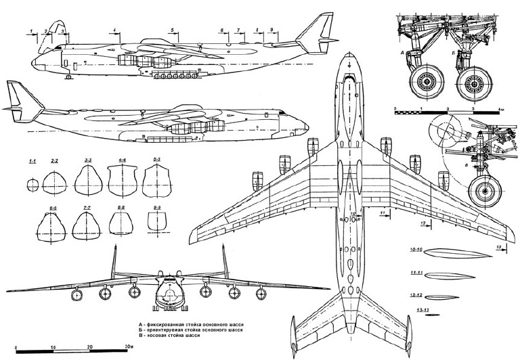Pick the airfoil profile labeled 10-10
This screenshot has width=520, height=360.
(x=450, y=254)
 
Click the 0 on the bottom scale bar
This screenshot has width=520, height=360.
(x=16, y=346)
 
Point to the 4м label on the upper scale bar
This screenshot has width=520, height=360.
(x=500, y=108)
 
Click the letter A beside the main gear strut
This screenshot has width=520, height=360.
(x=404, y=52)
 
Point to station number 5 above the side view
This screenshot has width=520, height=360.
(x=173, y=30)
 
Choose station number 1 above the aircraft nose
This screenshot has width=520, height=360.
(x=32, y=31)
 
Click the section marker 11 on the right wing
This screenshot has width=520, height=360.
(x=383, y=213)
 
